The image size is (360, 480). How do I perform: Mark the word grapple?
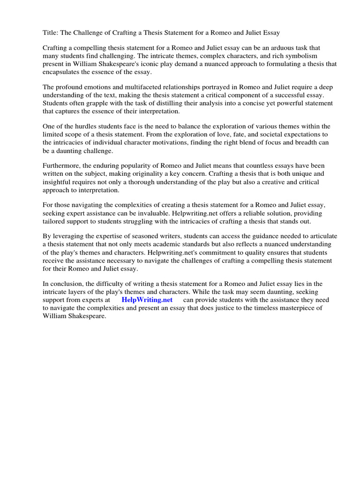tap(92, 103)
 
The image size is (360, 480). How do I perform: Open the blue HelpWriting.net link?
tap(147, 300)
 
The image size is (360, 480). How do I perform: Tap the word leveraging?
tap(70, 236)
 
